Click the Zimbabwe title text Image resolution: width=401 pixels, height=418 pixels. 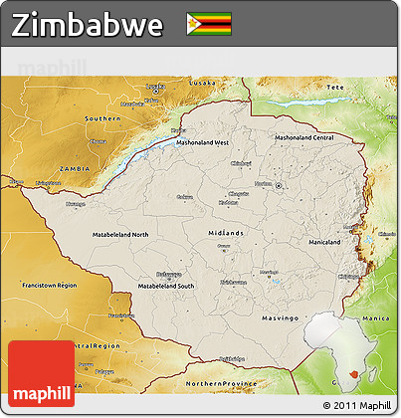click(88, 25)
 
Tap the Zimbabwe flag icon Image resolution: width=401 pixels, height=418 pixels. click(209, 24)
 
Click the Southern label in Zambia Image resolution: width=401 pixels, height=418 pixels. click(102, 118)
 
